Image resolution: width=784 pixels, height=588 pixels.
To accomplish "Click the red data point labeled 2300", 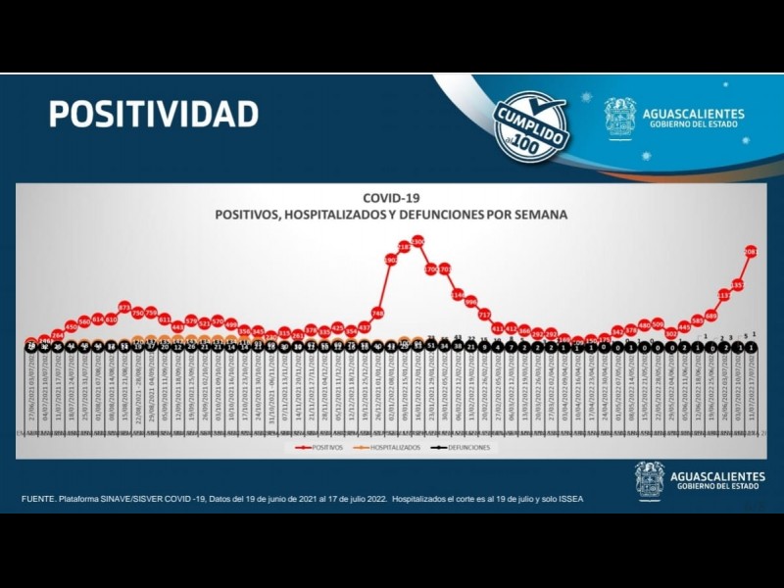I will [x=417, y=240].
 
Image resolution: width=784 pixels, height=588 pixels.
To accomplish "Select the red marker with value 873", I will [x=124, y=307].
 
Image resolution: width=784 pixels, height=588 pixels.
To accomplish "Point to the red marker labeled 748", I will [x=377, y=313].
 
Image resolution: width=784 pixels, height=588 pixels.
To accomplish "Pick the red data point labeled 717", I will [x=484, y=315].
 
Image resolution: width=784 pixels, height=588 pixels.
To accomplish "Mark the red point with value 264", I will [x=58, y=335].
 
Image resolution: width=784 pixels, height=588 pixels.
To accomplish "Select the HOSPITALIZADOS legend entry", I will [x=393, y=448].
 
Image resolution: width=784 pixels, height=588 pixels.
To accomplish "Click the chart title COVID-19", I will [x=391, y=197].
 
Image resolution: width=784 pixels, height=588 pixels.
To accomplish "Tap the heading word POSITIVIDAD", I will [x=154, y=114].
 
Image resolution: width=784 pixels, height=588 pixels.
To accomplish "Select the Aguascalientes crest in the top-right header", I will [x=619, y=119].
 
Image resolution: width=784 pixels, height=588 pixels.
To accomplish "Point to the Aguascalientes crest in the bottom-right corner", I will [x=650, y=480].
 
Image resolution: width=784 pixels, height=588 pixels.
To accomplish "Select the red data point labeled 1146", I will [x=458, y=294].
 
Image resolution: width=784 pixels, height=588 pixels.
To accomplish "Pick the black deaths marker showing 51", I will [x=431, y=346].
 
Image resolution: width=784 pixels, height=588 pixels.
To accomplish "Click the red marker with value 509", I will [x=658, y=323].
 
